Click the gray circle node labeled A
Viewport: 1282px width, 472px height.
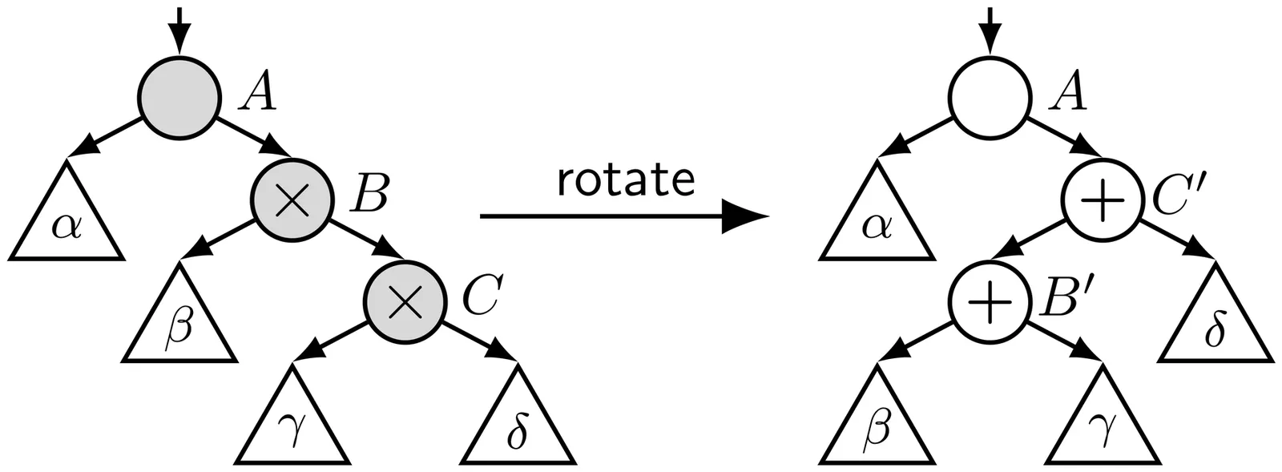click(179, 94)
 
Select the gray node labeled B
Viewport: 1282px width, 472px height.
click(292, 197)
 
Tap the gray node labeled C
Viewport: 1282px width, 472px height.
click(405, 301)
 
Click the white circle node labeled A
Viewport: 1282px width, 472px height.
click(990, 94)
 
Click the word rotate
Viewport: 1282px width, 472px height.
click(625, 180)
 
